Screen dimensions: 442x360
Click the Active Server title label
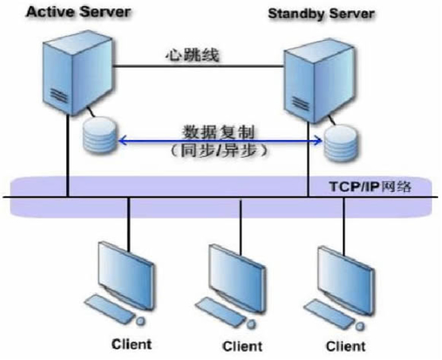[x=78, y=13]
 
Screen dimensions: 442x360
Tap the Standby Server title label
[x=321, y=14]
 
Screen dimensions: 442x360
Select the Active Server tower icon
[x=77, y=72]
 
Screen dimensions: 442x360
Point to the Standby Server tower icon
[x=319, y=81]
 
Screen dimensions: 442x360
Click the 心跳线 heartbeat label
[x=192, y=55]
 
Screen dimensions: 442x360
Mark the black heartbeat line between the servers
[x=198, y=67]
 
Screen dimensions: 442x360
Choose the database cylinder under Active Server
[x=100, y=135]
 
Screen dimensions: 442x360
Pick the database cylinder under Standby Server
[x=341, y=144]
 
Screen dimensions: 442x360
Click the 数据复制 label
[x=218, y=132]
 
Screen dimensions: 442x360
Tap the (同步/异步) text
[x=218, y=151]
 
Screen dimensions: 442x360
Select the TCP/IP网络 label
[x=370, y=186]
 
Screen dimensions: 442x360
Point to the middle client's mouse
[x=252, y=324]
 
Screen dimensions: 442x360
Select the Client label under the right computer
[x=346, y=346]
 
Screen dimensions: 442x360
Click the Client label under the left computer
[x=131, y=344]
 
